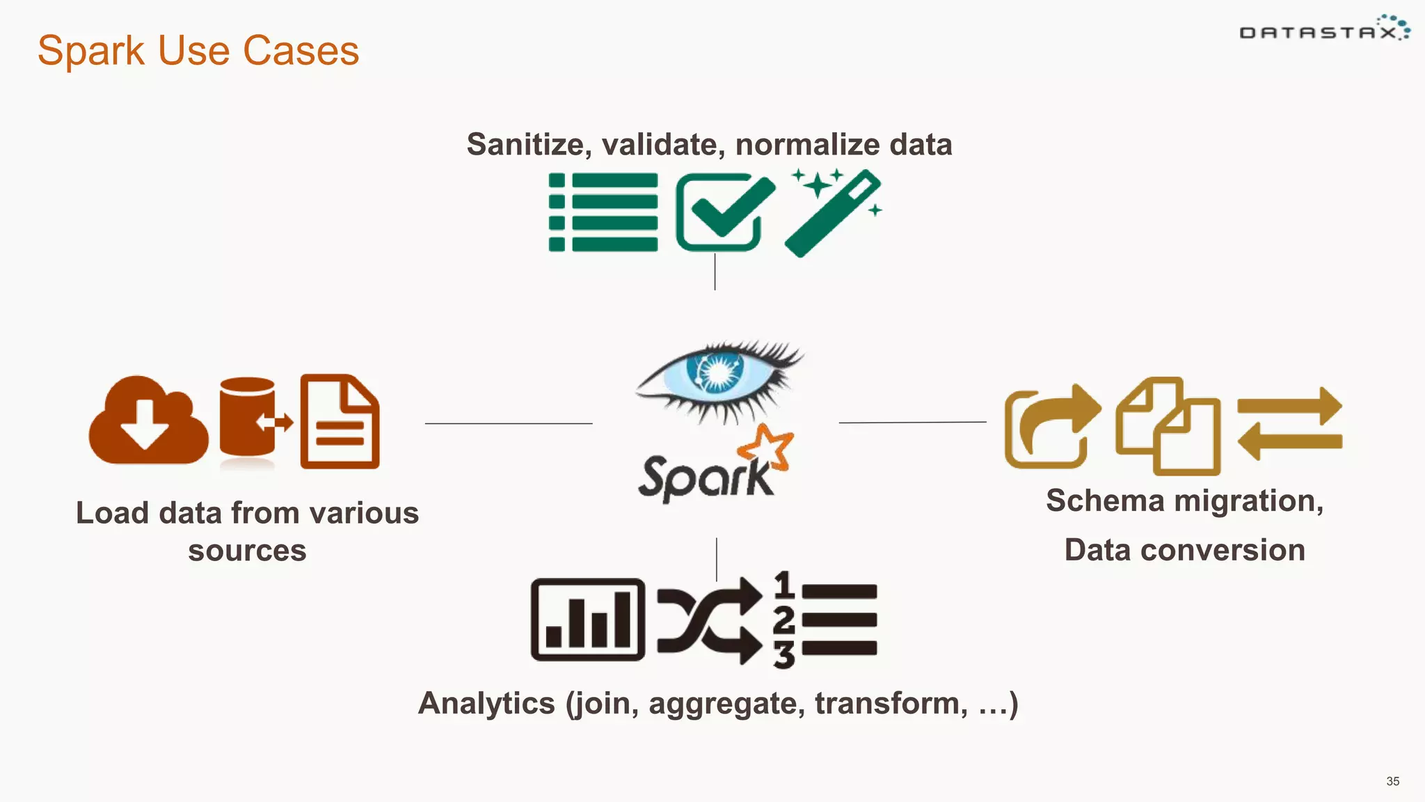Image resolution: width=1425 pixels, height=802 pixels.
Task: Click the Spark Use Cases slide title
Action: (198, 51)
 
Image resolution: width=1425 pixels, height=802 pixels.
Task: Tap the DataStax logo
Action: (1324, 30)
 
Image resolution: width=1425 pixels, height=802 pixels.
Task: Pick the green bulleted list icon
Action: (603, 212)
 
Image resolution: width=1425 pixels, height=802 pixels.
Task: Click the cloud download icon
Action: (148, 421)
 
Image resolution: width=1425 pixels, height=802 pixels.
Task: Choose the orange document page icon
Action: (340, 421)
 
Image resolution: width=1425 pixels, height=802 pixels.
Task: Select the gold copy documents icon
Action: (1168, 426)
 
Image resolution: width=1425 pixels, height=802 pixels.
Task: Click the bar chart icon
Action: (588, 620)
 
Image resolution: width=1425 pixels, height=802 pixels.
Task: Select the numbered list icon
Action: (826, 620)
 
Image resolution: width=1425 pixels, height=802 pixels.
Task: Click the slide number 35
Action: (1392, 781)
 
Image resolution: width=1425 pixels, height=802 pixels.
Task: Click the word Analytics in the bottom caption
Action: (486, 703)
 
